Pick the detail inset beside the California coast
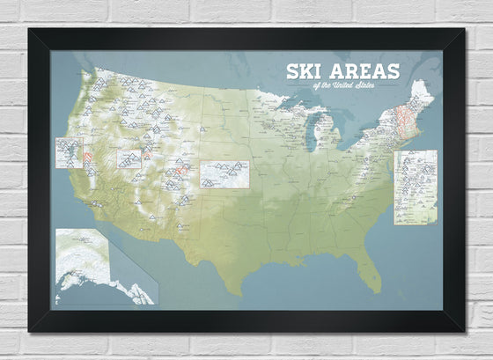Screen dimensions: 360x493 click(69, 152)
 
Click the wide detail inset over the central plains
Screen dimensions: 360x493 click(224, 173)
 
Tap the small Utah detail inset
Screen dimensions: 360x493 click(129, 158)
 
